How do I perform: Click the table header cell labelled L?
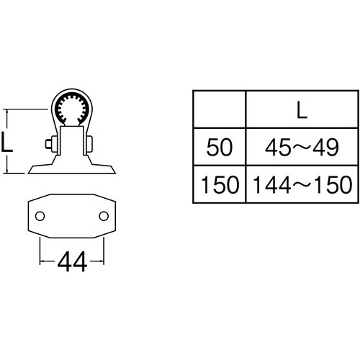300,109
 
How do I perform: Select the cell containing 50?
220,148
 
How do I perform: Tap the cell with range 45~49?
300,148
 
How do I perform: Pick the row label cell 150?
220,184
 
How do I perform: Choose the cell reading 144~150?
300,184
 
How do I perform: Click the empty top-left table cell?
220,109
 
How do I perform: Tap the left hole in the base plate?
40,215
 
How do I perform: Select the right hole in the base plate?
104,215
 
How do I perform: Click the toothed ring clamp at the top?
72,109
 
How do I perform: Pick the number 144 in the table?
272,184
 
